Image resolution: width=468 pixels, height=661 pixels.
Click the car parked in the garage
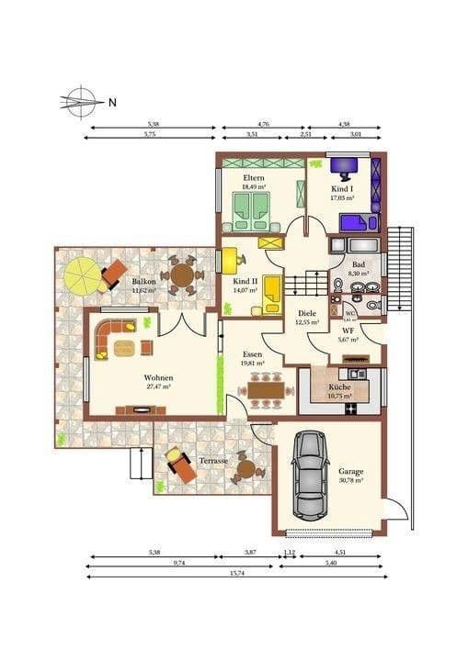310,474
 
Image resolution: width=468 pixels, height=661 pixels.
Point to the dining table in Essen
267,390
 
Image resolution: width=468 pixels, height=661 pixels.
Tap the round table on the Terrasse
245,469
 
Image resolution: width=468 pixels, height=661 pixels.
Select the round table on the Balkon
182,274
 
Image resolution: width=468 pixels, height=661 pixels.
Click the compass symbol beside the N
81,101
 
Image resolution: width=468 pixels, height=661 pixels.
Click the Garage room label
350,470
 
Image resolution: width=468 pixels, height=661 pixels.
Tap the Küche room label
339,387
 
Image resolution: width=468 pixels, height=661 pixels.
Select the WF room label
348,330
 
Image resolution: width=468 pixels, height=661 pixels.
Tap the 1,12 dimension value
290,552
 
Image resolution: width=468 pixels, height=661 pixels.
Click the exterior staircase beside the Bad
401,266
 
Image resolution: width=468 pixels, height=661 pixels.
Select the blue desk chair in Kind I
346,167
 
